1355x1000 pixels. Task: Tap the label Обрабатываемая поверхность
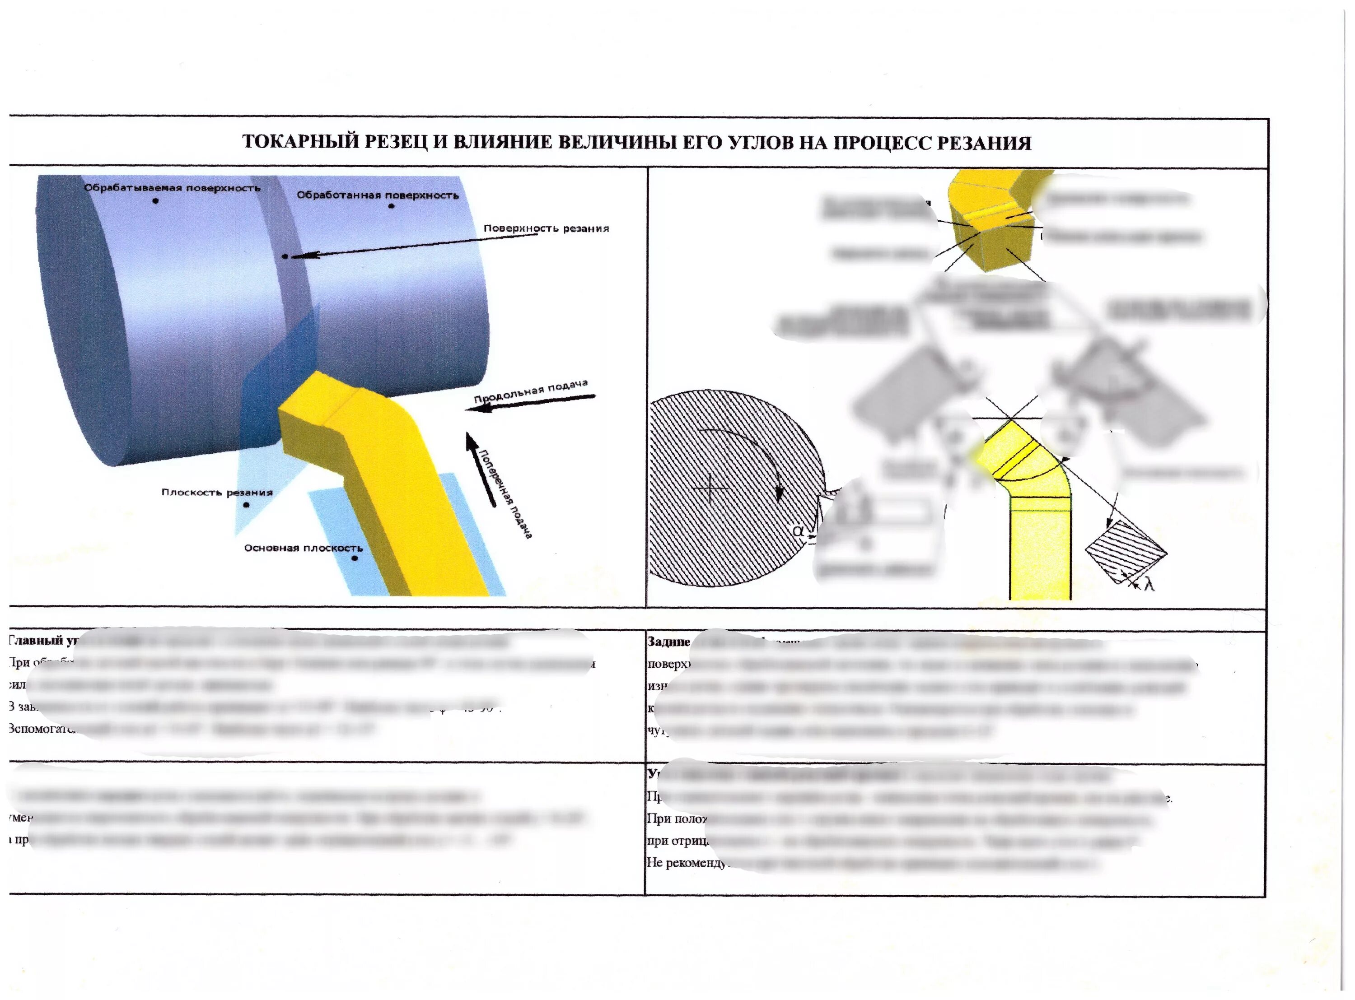tap(172, 188)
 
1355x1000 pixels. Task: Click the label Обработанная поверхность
tap(377, 195)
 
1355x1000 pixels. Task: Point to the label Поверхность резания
tap(546, 228)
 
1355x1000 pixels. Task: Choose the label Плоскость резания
tap(217, 492)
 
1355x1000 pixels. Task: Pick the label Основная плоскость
tap(304, 548)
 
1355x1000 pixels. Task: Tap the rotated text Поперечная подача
tap(505, 493)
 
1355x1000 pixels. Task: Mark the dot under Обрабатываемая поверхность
tap(156, 201)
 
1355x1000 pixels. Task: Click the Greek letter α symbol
tap(799, 530)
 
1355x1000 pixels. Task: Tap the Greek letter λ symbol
tap(1149, 584)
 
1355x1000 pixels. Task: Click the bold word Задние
tap(668, 642)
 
